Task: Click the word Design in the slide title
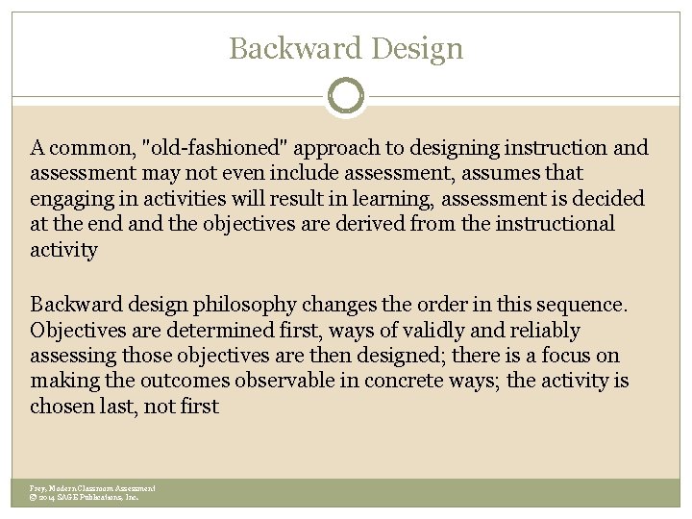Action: (x=415, y=48)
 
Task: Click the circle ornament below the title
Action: (x=346, y=96)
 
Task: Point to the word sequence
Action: (x=586, y=305)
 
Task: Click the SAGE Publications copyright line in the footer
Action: (x=85, y=498)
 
